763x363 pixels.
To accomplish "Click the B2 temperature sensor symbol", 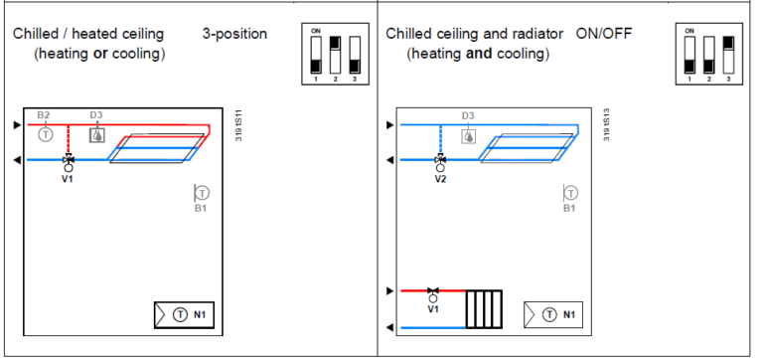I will (45, 134).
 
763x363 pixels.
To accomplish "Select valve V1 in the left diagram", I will (68, 160).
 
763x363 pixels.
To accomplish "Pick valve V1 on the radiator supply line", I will (432, 292).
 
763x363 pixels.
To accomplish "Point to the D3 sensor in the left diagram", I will (96, 134).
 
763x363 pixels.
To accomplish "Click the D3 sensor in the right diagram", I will (468, 135).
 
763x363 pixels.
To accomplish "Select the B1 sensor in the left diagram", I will (202, 192).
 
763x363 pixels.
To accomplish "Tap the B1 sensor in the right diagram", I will (570, 192).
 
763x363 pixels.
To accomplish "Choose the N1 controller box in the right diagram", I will (553, 314).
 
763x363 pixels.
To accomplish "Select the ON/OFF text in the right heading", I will (604, 34).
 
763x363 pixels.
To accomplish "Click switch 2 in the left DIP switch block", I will (335, 57).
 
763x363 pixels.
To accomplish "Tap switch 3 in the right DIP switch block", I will (727, 57).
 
